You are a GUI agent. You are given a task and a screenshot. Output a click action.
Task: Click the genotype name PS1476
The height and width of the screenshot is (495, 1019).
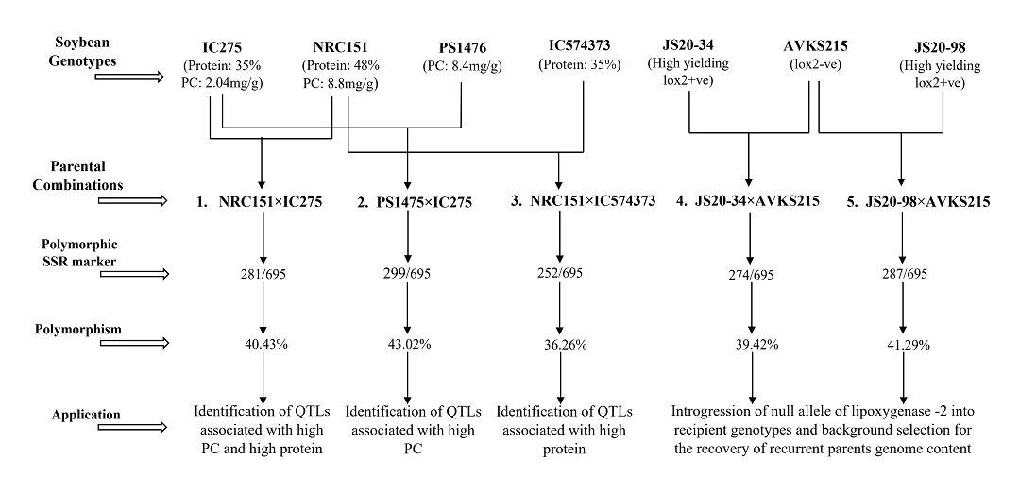click(461, 46)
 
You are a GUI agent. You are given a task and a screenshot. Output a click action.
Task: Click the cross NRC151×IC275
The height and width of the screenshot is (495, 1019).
click(261, 202)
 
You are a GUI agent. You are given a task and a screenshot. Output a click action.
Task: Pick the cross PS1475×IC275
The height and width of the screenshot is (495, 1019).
click(407, 202)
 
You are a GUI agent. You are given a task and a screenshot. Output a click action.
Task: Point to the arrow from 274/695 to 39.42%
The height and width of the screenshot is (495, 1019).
click(753, 308)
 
